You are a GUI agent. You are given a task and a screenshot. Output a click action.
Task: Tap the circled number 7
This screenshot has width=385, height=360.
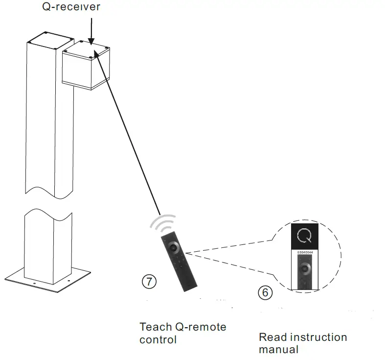[x=149, y=281]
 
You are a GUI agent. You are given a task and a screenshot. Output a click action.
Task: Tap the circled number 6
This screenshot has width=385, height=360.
[x=264, y=292]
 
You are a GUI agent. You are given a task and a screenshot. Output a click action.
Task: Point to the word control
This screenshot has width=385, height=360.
[x=158, y=339]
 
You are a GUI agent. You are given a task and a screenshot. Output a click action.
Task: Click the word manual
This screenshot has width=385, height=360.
[x=278, y=349]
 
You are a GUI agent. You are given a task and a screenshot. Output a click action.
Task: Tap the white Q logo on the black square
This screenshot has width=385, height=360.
[x=304, y=236]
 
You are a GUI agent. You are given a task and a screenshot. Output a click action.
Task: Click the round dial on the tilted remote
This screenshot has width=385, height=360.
[x=174, y=246]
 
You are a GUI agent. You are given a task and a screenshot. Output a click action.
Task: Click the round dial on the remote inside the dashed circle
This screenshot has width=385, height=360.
[x=305, y=268]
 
